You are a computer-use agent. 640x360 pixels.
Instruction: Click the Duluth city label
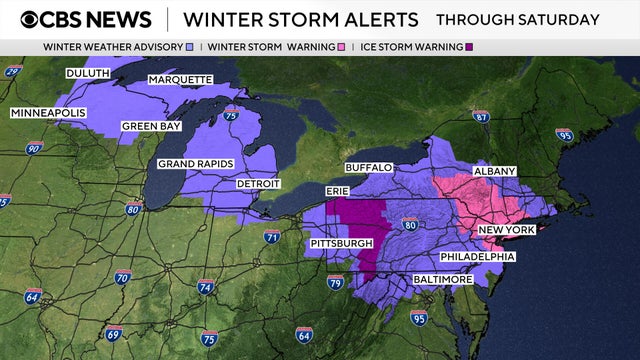pos(87,73)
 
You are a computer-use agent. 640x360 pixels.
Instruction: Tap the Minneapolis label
pos(49,113)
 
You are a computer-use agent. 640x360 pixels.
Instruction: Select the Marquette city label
pos(180,79)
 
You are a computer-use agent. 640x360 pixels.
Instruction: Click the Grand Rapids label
pos(195,163)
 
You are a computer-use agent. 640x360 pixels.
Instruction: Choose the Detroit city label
pos(257,184)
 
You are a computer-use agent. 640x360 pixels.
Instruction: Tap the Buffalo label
pos(368,167)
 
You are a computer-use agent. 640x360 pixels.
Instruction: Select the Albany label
pos(494,171)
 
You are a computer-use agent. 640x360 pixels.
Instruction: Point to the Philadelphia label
pos(477,257)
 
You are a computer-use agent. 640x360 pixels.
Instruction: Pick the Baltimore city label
pos(442,279)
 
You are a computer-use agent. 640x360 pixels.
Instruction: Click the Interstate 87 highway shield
pos(481,116)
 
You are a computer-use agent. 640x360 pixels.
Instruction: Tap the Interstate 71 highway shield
pos(272,236)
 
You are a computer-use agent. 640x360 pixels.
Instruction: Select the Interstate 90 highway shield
pos(35,148)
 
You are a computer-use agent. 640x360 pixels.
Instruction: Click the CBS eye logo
pos(31,19)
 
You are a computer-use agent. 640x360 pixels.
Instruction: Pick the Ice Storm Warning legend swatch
pos(470,47)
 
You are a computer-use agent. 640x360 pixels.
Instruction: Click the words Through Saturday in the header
pos(518,19)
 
